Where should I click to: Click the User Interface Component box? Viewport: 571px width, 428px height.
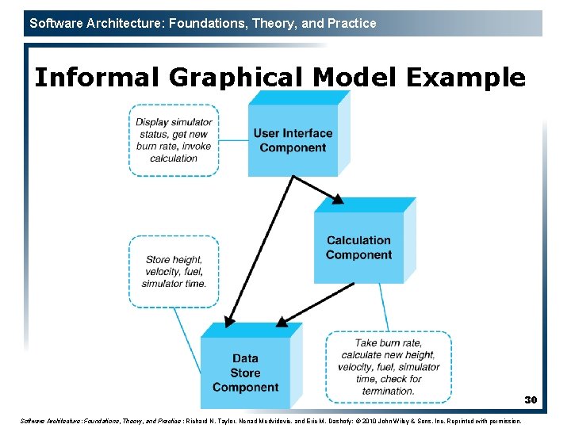293,140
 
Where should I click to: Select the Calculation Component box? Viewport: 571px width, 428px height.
358,247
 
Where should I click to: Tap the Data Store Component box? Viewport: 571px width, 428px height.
245,373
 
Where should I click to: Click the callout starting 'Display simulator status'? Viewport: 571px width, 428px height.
174,140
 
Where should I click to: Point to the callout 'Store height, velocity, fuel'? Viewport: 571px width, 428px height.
174,271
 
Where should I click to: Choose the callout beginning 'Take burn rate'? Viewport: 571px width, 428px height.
389,367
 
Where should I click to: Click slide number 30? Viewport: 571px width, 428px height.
531,400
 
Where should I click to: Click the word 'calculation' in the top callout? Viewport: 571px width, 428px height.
174,158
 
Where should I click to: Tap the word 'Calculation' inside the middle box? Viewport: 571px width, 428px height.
358,240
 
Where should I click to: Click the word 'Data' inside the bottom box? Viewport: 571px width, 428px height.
245,358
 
